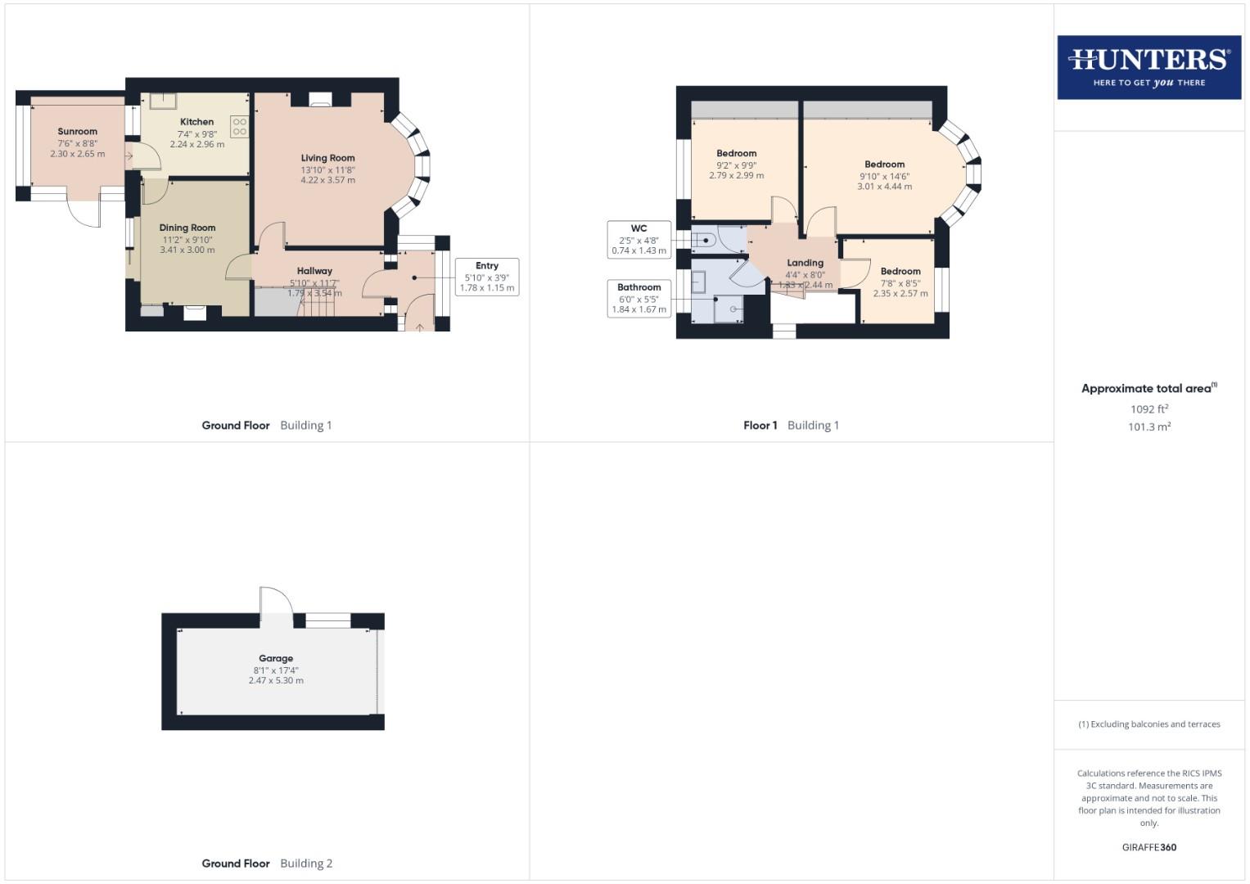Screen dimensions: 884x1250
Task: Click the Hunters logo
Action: (1148, 67)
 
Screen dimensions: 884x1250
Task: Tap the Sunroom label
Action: (78, 131)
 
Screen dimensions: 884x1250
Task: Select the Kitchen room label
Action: (196, 122)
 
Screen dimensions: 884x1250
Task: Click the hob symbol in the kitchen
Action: (239, 127)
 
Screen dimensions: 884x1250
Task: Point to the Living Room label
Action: (327, 158)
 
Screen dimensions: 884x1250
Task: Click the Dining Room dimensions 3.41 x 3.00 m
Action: (187, 250)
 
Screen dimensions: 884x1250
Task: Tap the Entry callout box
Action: (487, 277)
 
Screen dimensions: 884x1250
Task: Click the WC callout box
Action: (639, 240)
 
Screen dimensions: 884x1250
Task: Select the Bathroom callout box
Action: (639, 298)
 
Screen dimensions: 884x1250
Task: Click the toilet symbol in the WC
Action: (706, 241)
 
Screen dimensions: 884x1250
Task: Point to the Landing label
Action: (805, 263)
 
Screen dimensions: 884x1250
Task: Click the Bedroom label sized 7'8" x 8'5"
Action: (900, 272)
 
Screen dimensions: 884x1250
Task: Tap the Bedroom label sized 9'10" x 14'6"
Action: (884, 165)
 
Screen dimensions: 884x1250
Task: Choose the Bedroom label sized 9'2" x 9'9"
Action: (736, 153)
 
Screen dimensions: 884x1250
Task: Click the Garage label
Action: (276, 658)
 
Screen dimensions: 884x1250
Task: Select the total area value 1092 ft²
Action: (1148, 409)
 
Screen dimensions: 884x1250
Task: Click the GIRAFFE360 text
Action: (1148, 847)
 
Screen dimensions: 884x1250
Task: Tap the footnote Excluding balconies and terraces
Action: (1148, 724)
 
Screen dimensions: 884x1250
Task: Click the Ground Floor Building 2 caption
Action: (267, 863)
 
